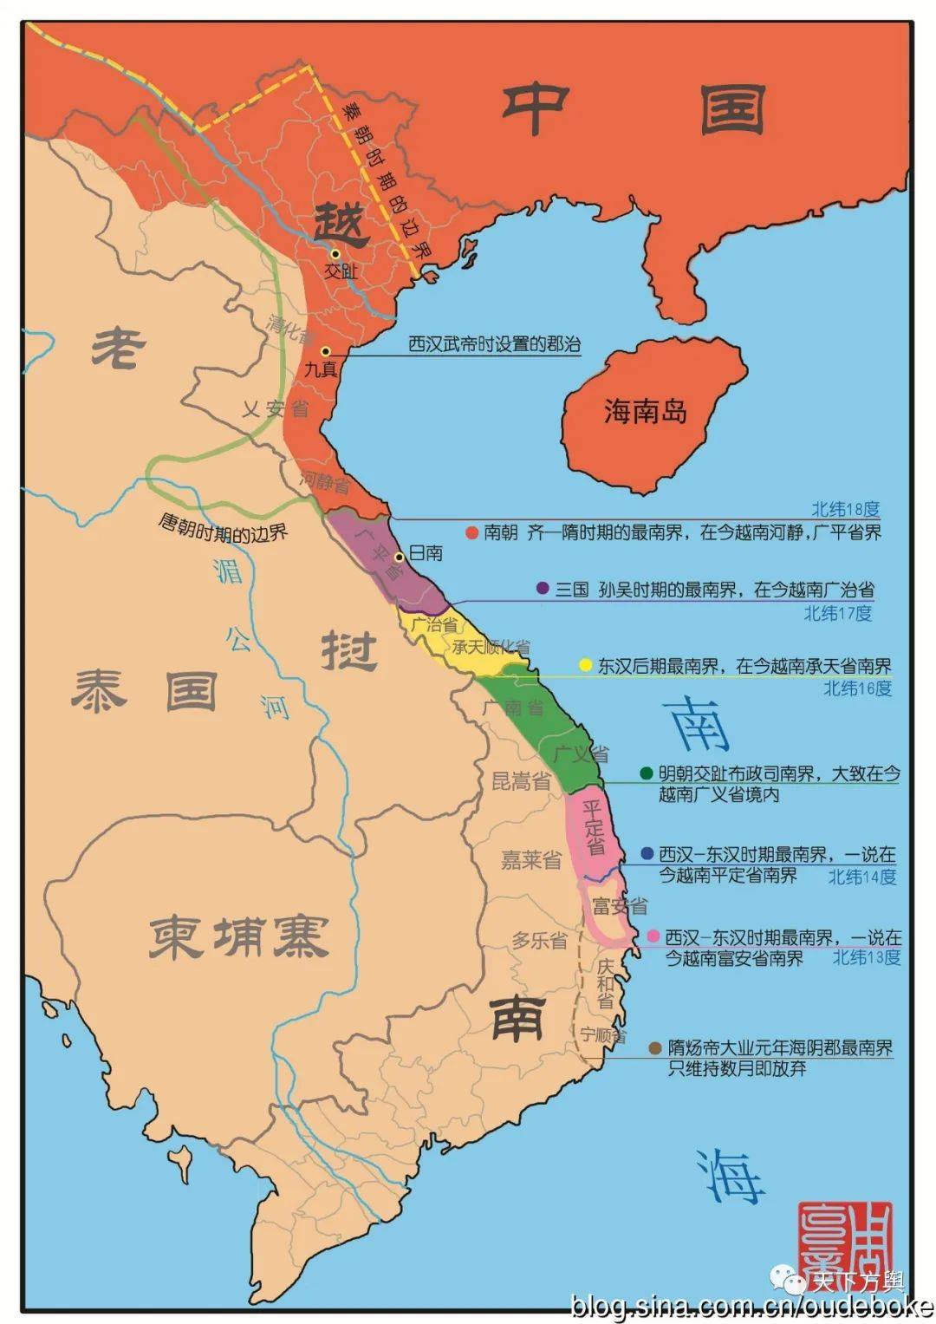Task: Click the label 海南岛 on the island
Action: (646, 411)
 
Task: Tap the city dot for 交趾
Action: (335, 253)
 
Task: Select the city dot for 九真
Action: (325, 351)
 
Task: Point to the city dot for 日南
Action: (399, 557)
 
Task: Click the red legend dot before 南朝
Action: (471, 532)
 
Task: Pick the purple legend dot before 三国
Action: (543, 589)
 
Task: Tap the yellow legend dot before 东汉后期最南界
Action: (585, 665)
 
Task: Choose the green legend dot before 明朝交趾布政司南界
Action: (646, 773)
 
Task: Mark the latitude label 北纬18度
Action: (845, 510)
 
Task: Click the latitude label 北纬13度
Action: (866, 957)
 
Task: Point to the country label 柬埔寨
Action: (238, 936)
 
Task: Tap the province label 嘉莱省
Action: (531, 860)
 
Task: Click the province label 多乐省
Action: (539, 940)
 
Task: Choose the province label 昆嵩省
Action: (521, 781)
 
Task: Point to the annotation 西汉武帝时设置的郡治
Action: (494, 344)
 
